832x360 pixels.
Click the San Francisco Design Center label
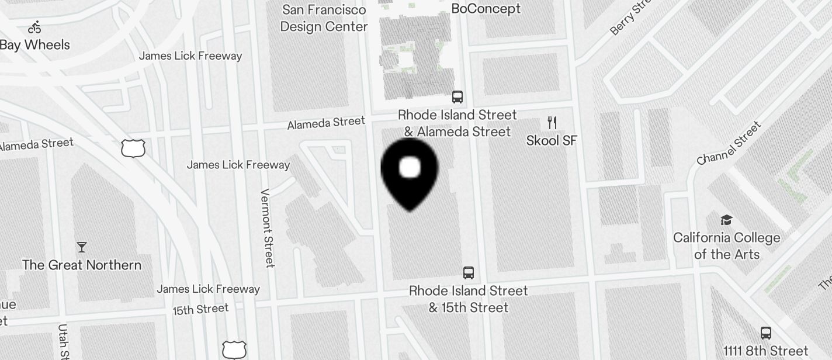click(x=324, y=18)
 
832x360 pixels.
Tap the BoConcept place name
click(x=486, y=8)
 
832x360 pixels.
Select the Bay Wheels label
click(x=34, y=44)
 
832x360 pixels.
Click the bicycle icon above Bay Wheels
click(x=34, y=27)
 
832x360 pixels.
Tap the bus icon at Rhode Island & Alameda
click(x=457, y=97)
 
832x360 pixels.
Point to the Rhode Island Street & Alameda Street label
click(x=457, y=123)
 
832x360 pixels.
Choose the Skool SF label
click(x=552, y=140)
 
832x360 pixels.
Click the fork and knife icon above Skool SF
click(x=552, y=122)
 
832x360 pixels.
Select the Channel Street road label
click(x=729, y=143)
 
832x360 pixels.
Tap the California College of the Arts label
click(x=727, y=245)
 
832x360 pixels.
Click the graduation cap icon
click(x=726, y=220)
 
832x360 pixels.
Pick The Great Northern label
click(x=82, y=265)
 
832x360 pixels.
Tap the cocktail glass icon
click(x=82, y=247)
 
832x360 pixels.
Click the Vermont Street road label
click(x=268, y=228)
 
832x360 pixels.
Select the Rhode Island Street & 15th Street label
click(x=468, y=299)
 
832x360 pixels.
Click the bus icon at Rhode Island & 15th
click(x=468, y=272)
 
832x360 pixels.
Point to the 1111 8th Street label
click(x=765, y=351)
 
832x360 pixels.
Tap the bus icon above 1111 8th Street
click(x=765, y=333)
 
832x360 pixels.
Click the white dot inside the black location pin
click(x=410, y=168)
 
